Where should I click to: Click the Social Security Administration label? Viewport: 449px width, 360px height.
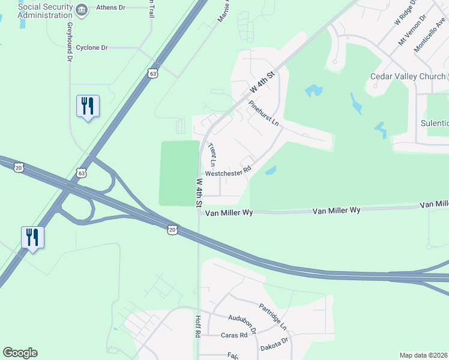[45, 10]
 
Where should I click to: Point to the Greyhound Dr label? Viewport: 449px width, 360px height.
[70, 42]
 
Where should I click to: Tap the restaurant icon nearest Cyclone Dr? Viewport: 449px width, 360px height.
[88, 106]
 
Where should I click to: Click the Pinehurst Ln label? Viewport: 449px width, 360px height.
[264, 112]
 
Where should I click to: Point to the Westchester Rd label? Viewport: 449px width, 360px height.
[227, 173]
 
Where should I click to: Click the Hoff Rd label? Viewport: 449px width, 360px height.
[197, 326]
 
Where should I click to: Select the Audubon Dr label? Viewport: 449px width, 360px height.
[243, 322]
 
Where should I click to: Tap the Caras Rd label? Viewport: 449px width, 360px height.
[234, 335]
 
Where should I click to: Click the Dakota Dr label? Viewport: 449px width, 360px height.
[275, 344]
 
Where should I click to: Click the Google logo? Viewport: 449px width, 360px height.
[20, 353]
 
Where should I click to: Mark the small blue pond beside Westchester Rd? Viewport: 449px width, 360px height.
[270, 170]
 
